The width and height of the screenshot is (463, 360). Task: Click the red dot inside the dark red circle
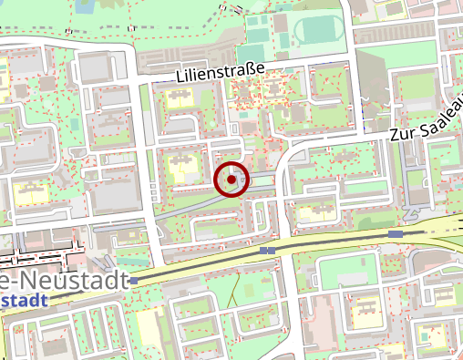coord(232,180)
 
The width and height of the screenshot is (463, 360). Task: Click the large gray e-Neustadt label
coord(64,281)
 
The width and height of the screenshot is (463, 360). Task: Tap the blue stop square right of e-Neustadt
coord(135,281)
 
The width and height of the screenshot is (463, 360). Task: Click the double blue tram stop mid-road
coord(267,250)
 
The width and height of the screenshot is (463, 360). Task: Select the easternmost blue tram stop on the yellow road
coord(395,234)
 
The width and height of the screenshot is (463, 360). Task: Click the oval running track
coord(319,33)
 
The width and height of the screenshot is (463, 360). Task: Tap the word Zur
coord(402,133)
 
